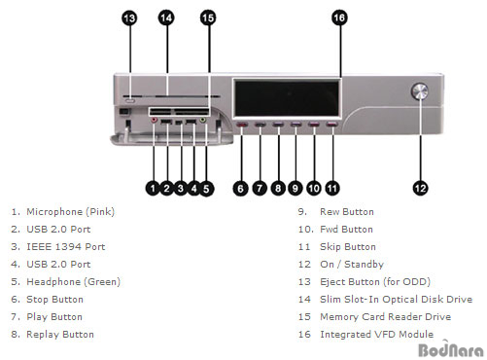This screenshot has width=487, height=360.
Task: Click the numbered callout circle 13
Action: pyautogui.click(x=129, y=18)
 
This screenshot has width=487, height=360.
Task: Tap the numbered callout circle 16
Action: pyautogui.click(x=339, y=18)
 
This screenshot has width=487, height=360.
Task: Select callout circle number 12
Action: pyautogui.click(x=420, y=189)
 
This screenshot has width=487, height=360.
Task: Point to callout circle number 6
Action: pyautogui.click(x=240, y=189)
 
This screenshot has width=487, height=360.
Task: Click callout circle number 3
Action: pyautogui.click(x=181, y=189)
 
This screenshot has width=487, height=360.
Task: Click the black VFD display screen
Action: pyautogui.click(x=287, y=98)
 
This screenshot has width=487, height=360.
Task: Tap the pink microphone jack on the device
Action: pyautogui.click(x=155, y=121)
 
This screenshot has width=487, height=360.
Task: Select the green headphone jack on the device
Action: pyautogui.click(x=203, y=121)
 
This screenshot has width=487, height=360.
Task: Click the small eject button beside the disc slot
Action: pyautogui.click(x=129, y=100)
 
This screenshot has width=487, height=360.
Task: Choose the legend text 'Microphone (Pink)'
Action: pyautogui.click(x=70, y=212)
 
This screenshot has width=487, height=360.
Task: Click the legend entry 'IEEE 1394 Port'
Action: pyautogui.click(x=66, y=247)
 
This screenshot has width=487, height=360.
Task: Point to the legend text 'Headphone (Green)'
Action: pyautogui.click(x=73, y=282)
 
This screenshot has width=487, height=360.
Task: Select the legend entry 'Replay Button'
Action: pyautogui.click(x=60, y=335)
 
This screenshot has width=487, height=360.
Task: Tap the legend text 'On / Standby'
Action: pyautogui.click(x=352, y=265)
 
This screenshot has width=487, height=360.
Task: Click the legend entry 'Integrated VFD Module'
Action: pyautogui.click(x=377, y=335)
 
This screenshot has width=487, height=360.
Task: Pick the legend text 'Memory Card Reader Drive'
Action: pyautogui.click(x=386, y=317)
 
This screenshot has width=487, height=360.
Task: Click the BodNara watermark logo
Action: pyautogui.click(x=451, y=349)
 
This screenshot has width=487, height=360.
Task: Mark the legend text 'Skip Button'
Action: pyautogui.click(x=348, y=247)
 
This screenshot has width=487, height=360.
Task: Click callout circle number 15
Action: pyautogui.click(x=208, y=18)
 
